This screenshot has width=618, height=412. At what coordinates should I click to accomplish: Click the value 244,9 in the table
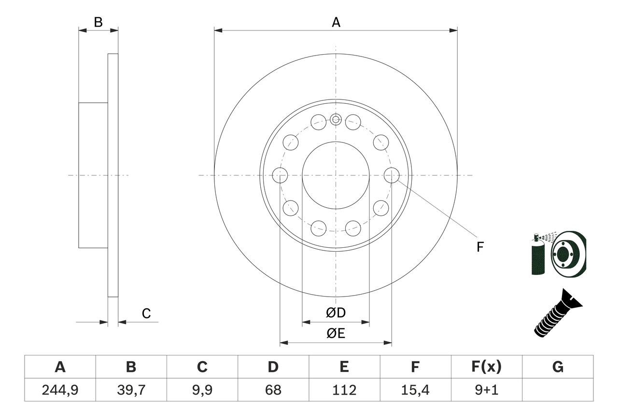(x=60, y=390)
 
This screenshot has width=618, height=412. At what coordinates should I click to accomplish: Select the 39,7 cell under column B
(x=131, y=390)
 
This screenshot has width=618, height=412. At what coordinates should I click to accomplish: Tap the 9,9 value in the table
(x=202, y=390)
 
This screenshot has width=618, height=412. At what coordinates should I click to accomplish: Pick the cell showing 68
(x=273, y=390)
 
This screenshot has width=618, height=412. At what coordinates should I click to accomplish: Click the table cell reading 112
(x=344, y=390)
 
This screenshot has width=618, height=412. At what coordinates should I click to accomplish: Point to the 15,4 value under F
(x=415, y=390)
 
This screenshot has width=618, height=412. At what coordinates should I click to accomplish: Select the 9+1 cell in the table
(x=486, y=390)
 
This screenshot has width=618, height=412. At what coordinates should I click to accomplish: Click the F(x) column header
(x=486, y=367)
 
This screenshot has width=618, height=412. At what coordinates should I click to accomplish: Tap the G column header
(x=558, y=367)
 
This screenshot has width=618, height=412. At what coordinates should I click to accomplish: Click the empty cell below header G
(x=558, y=390)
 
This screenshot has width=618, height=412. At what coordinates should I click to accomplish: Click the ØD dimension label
(x=336, y=313)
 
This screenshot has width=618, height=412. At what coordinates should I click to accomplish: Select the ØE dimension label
(x=336, y=334)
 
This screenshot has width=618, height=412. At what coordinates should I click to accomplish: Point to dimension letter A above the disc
(x=336, y=22)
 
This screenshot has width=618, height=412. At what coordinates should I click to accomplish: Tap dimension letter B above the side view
(x=98, y=22)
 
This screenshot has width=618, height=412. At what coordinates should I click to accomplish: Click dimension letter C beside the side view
(x=146, y=313)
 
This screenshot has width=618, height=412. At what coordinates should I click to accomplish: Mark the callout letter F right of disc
(x=480, y=247)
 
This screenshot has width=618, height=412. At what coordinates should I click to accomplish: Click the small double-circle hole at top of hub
(x=336, y=119)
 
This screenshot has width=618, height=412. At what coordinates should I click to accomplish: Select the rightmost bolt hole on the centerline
(x=392, y=175)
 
